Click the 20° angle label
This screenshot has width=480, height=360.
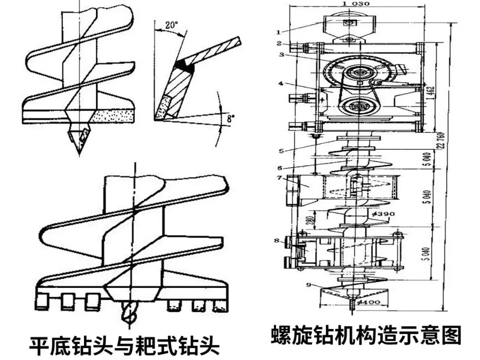(x=168, y=25)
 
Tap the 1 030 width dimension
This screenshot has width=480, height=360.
(x=353, y=3)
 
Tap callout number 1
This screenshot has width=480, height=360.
(x=278, y=32)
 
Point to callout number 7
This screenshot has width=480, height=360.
(x=279, y=178)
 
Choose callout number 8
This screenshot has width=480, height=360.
(x=276, y=241)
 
